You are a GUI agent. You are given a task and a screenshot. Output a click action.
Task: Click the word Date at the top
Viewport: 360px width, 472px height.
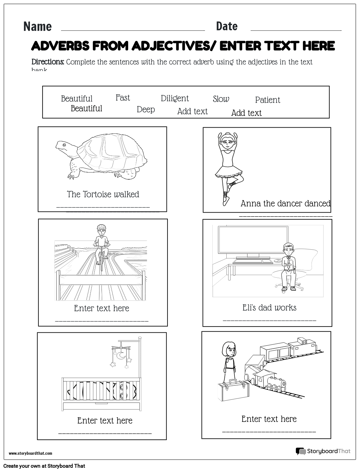(x=227, y=26)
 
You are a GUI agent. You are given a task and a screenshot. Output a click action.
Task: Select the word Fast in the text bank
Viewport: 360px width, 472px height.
(x=123, y=98)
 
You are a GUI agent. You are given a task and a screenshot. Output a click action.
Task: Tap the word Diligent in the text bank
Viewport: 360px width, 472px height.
(x=175, y=98)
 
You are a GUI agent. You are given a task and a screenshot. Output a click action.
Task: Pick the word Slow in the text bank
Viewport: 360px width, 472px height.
(x=221, y=99)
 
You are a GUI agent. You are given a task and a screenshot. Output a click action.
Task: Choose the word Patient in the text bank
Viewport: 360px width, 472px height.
(x=267, y=100)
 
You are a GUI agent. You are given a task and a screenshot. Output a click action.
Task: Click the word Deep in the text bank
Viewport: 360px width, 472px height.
(x=146, y=109)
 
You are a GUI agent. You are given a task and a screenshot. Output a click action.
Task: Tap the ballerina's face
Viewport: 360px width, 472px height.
(x=225, y=141)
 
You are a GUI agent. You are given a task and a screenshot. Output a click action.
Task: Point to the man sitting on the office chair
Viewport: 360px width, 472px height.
(x=287, y=265)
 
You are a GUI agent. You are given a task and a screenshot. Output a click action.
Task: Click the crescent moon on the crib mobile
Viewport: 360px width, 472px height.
(x=122, y=355)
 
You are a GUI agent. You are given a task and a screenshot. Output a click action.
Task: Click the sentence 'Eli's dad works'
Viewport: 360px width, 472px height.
(x=269, y=308)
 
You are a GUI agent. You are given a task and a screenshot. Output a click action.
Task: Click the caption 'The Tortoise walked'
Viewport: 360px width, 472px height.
(x=103, y=194)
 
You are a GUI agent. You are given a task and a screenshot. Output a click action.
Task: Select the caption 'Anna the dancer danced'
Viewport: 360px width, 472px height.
(x=285, y=203)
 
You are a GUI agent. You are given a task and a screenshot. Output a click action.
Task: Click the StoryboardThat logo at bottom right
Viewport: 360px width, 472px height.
(x=323, y=451)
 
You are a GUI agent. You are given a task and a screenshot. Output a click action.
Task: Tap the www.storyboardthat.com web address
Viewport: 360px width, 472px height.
(x=30, y=453)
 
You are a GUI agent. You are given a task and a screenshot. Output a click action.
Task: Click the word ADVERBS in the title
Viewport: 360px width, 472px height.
(x=60, y=46)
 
